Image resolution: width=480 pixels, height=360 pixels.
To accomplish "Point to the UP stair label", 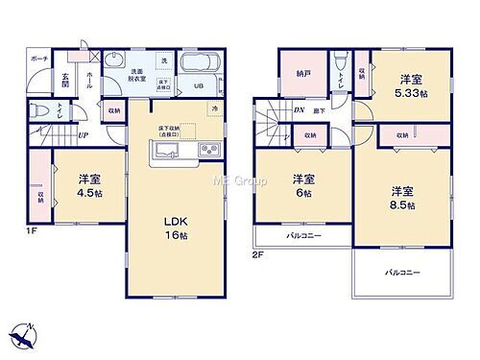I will [84, 134].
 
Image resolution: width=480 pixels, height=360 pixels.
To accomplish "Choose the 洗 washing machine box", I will [164, 60].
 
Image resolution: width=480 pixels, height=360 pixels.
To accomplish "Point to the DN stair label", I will [299, 111].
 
